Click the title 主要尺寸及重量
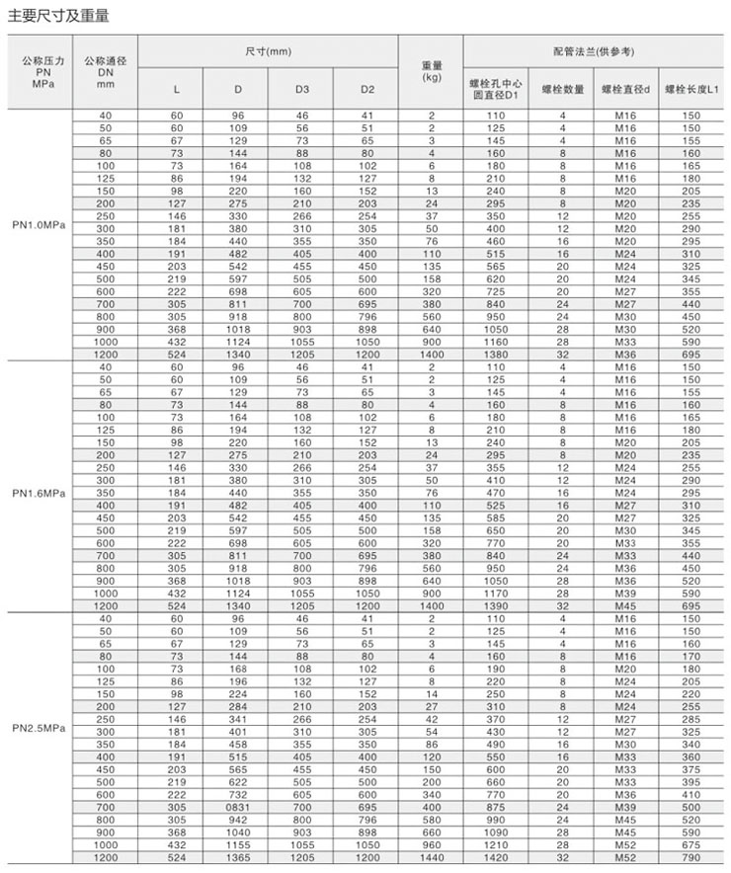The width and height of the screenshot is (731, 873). pos(59,17)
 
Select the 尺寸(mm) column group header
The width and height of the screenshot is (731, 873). pos(268,49)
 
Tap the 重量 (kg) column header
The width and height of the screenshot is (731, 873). pos(431,71)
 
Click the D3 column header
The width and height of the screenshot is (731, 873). pos(302,90)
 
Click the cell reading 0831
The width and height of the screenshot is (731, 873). pos(237,807)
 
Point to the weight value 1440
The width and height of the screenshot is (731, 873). pos(431,859)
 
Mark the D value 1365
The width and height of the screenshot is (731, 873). pos(237,859)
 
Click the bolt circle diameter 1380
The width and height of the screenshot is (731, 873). pos(496,353)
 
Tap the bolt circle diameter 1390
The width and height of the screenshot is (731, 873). pos(496,603)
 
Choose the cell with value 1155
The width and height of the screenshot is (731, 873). pos(237,846)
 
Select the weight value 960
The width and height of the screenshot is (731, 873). pos(431,846)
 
